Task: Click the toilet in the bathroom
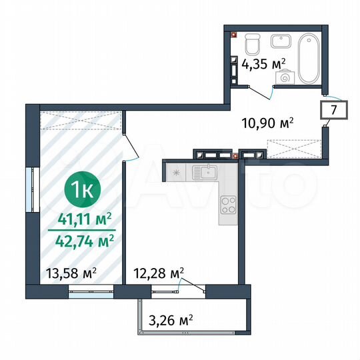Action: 252,44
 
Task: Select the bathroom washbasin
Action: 279,40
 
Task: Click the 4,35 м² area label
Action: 263,65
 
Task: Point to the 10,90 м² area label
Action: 271,123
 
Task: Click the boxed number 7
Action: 335,108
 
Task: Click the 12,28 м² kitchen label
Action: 159,272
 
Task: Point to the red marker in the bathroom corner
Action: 234,34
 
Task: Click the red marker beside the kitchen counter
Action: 236,155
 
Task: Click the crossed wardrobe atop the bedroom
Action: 81,121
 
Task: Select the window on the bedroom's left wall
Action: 28,188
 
